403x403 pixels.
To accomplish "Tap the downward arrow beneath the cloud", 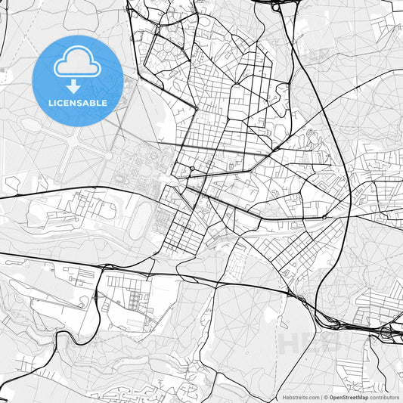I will pos(78,87).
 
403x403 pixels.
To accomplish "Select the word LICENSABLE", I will pos(78,103).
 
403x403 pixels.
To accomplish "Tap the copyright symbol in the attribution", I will pos(326,396).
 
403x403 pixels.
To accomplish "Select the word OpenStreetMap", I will pos(349,396).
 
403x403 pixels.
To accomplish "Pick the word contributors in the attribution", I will pos(385,396).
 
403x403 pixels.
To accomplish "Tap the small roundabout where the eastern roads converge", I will pos(324,217).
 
